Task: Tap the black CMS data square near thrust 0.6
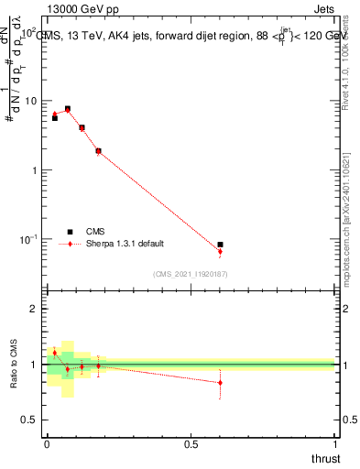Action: pos(220,245)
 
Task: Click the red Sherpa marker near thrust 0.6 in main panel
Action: pos(220,251)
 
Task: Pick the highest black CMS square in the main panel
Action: pos(67,108)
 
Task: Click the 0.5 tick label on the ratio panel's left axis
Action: pos(31,420)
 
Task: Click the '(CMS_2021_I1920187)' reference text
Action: pos(191,274)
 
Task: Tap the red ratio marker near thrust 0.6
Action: pos(220,382)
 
